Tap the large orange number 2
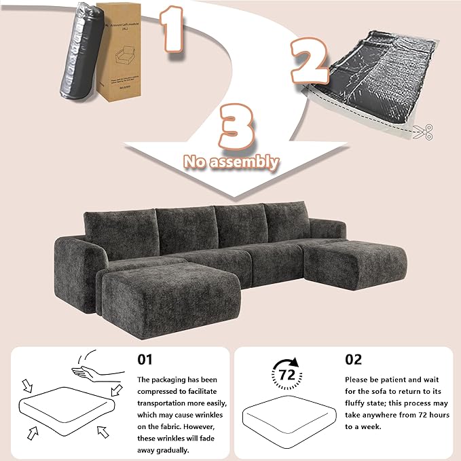309,60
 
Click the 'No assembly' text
230,162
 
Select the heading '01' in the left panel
146,358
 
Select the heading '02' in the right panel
354,358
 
